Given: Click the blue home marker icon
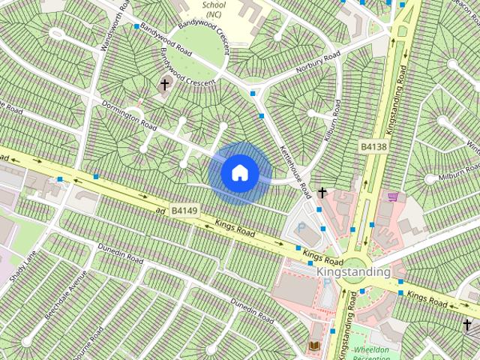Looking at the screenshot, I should coord(240,173).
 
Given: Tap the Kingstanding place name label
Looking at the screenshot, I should coord(353,271).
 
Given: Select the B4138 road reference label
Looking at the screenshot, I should coord(373,147).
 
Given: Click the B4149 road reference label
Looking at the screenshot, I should coord(184,212).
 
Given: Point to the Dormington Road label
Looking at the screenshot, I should coord(129,115).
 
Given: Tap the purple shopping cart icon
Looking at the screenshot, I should coord(393,196).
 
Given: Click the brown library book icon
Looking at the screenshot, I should coord(313,346).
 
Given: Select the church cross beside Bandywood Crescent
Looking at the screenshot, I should coord(164,85).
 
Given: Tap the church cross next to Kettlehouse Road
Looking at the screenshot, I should coord(322,193).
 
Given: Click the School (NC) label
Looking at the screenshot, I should coord(214,10).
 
